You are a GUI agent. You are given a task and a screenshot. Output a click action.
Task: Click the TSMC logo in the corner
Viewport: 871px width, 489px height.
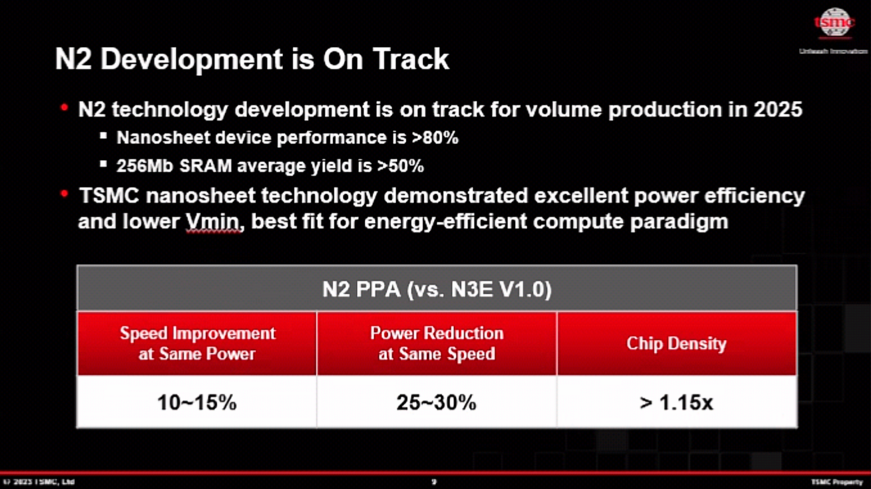coord(834,22)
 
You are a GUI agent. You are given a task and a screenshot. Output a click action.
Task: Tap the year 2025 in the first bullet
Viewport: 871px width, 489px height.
coord(778,109)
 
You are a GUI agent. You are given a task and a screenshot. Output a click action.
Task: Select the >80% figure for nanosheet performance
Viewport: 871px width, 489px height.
coord(435,138)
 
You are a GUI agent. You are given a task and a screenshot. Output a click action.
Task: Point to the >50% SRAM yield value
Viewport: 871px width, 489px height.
coord(400,166)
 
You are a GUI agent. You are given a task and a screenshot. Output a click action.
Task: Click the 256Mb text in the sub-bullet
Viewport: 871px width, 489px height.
coord(145,166)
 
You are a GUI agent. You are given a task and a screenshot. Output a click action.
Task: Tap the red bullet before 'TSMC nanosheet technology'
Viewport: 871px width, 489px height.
coord(64,194)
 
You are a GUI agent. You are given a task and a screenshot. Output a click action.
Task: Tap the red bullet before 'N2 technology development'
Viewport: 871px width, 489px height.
coord(64,108)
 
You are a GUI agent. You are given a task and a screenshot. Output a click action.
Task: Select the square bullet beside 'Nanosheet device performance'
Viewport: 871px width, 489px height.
coord(103,136)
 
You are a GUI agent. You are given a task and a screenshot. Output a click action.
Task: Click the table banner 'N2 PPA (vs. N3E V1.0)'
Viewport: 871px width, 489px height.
coord(437,289)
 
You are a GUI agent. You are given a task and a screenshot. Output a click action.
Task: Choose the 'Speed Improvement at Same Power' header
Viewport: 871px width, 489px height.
coord(197,344)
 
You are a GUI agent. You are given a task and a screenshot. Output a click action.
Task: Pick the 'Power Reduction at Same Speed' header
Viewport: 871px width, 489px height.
coord(436,344)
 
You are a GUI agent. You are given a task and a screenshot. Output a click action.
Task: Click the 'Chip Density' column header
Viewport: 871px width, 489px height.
coord(676,344)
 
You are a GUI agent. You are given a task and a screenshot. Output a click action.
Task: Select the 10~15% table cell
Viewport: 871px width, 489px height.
coord(197,403)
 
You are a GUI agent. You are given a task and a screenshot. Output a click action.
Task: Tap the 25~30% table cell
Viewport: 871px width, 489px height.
coord(436,403)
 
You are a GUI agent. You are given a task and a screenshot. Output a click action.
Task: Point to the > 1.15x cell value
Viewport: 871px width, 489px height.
coord(676,403)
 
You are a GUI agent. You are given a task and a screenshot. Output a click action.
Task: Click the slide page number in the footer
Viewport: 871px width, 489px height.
coord(434,482)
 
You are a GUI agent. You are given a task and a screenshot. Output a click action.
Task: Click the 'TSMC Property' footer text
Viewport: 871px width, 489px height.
coord(837,482)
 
